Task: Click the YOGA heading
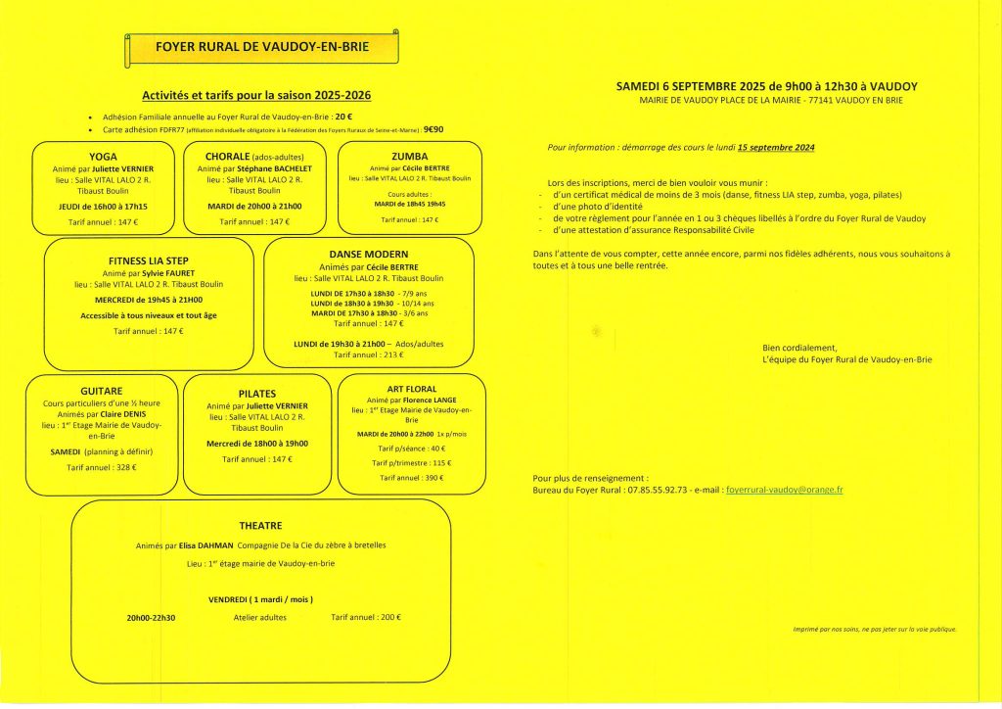click(x=103, y=156)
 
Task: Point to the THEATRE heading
click(x=260, y=526)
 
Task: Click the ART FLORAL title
click(x=411, y=389)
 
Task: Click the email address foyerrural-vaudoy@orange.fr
click(x=786, y=489)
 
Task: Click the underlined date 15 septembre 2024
click(x=776, y=147)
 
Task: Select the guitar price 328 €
click(x=124, y=468)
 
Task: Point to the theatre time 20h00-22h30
click(x=152, y=618)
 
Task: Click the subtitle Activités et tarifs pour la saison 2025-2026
click(x=256, y=96)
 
